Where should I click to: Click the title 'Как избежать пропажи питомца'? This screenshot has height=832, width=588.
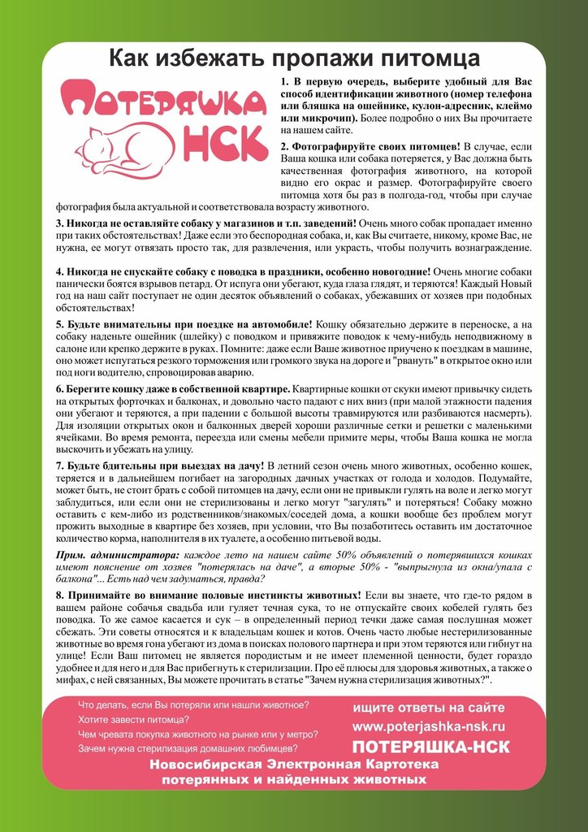[x=294, y=58]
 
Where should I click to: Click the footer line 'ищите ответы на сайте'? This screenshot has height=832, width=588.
[x=429, y=708]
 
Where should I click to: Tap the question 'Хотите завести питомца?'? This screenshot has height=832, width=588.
[x=134, y=719]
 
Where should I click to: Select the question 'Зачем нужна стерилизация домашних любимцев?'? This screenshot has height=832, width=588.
[x=188, y=748]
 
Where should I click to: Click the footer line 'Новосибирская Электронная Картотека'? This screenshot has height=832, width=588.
[x=294, y=765]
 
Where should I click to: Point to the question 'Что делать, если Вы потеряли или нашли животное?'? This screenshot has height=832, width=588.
[x=193, y=704]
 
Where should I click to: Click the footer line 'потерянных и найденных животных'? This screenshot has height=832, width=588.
[x=294, y=779]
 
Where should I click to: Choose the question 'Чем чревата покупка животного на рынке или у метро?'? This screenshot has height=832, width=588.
[x=197, y=734]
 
